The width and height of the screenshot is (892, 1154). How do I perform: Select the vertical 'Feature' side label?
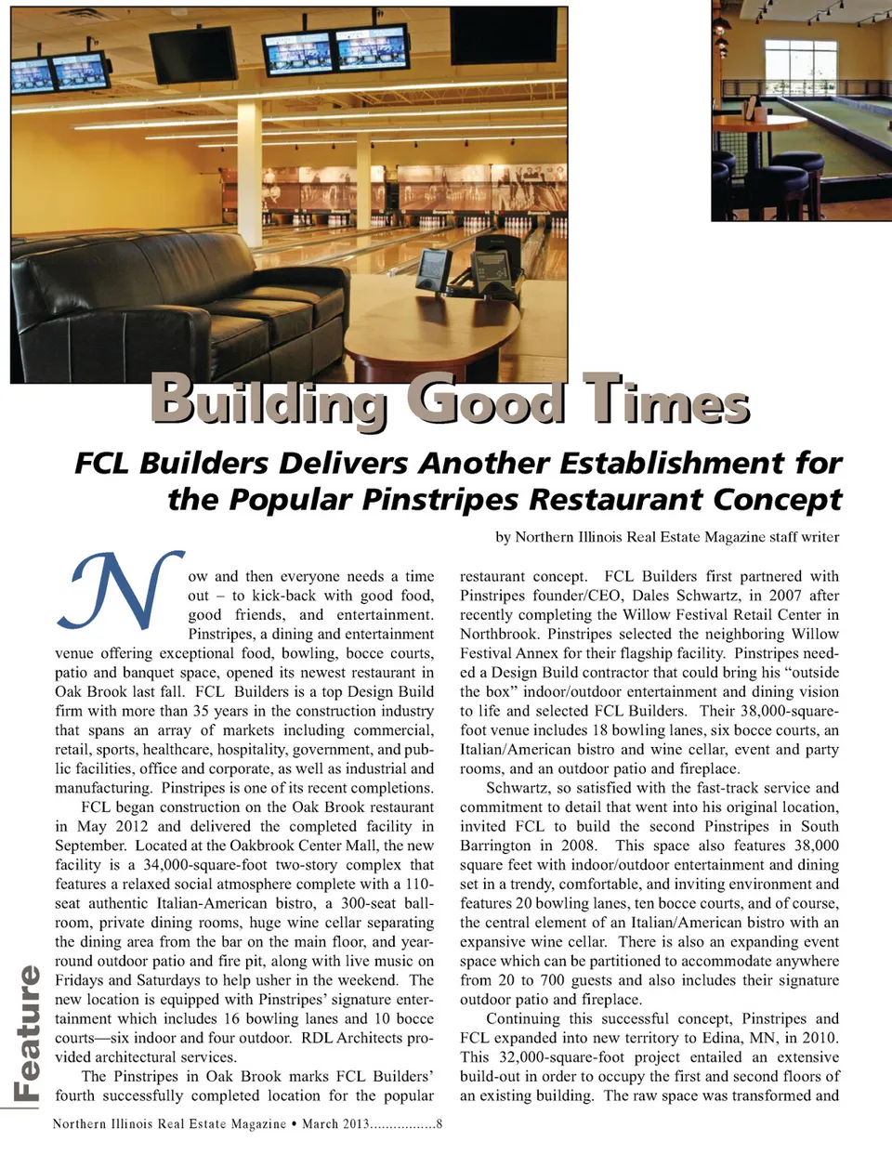[x=27, y=1032]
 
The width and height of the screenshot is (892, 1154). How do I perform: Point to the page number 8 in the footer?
[x=439, y=1124]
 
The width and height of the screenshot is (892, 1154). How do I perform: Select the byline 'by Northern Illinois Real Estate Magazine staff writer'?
[x=666, y=537]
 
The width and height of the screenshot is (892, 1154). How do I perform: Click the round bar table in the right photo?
[x=762, y=123]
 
